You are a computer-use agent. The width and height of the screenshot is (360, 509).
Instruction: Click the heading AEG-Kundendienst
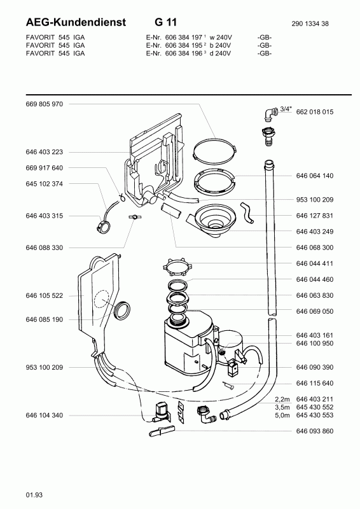click(x=76, y=22)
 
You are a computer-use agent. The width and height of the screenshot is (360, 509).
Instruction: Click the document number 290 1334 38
click(x=310, y=24)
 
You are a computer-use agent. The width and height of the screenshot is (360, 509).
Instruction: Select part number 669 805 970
click(x=45, y=104)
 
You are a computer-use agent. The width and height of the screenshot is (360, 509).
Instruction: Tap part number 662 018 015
click(x=315, y=112)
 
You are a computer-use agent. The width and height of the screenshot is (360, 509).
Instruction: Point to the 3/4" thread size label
click(x=286, y=109)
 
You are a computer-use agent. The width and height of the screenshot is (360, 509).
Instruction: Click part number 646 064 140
click(x=315, y=176)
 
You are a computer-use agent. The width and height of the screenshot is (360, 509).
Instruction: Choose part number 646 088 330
click(x=45, y=248)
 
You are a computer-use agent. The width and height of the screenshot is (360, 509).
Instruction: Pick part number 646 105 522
click(x=45, y=296)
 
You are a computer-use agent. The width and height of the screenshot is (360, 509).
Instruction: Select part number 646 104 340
click(x=45, y=415)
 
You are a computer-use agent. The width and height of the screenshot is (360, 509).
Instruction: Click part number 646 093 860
click(x=315, y=431)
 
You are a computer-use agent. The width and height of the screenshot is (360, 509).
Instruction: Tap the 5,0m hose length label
click(x=282, y=415)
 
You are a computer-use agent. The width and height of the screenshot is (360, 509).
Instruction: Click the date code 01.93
click(x=34, y=495)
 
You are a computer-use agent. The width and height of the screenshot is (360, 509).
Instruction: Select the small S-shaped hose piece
click(x=247, y=213)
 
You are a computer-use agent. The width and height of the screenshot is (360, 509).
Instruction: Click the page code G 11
click(x=165, y=22)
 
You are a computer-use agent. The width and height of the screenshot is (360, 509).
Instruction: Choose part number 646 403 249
click(x=315, y=232)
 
